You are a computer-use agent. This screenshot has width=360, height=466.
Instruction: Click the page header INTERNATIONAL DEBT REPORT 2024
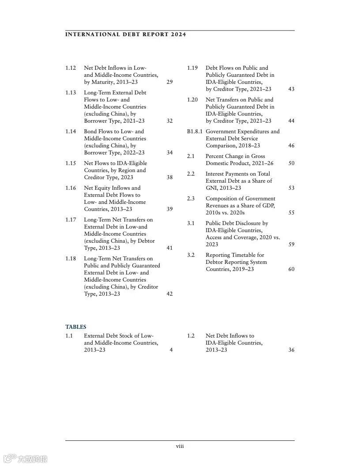[125, 34]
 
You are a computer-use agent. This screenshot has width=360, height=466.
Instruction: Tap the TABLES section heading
[76, 327]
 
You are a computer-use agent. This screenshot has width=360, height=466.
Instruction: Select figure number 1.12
[71, 68]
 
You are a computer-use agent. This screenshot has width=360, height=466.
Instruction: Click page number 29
[170, 82]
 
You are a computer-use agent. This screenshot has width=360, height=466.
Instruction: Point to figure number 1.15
[71, 163]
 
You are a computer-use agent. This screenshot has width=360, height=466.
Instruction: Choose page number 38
[170, 177]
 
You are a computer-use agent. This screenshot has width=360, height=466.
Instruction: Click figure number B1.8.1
[195, 132]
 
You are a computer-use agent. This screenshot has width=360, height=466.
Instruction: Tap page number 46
[291, 146]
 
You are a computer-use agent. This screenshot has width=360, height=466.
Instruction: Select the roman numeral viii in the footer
[180, 446]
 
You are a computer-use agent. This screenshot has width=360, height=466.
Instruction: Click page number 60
[291, 269]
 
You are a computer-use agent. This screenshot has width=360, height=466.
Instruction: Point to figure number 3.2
[191, 255]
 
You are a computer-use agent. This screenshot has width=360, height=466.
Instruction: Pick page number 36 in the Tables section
[291, 350]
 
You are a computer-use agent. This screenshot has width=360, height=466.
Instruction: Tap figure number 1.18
[71, 259]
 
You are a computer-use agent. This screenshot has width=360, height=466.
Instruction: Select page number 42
[170, 294]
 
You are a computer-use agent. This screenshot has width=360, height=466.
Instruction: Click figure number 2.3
[191, 199]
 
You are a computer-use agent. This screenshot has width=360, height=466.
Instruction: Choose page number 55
[291, 213]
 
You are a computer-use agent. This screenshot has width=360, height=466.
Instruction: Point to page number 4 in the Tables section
[171, 350]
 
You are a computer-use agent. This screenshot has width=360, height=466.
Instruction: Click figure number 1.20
[192, 100]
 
